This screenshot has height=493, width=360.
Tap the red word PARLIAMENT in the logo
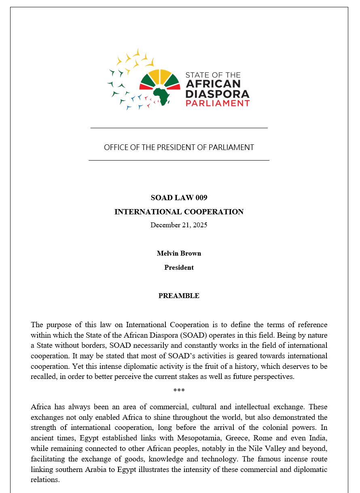pyautogui.click(x=217, y=103)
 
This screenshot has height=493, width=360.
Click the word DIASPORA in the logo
pyautogui.click(x=217, y=94)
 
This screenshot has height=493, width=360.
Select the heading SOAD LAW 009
pyautogui.click(x=179, y=198)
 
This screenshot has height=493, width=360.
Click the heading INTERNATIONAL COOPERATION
pyautogui.click(x=179, y=212)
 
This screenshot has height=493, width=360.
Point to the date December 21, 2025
pyautogui.click(x=179, y=225)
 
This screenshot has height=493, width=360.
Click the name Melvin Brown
pyautogui.click(x=179, y=254)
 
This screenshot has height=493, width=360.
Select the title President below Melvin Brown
pyautogui.click(x=179, y=268)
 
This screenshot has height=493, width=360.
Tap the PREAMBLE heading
pyautogui.click(x=179, y=296)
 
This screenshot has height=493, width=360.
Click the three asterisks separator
pyautogui.click(x=179, y=391)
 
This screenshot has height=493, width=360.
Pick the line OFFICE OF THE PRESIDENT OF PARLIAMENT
pyautogui.click(x=179, y=148)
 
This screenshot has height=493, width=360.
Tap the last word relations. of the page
pyautogui.click(x=45, y=480)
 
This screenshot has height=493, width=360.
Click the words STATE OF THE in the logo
pyautogui.click(x=213, y=75)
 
